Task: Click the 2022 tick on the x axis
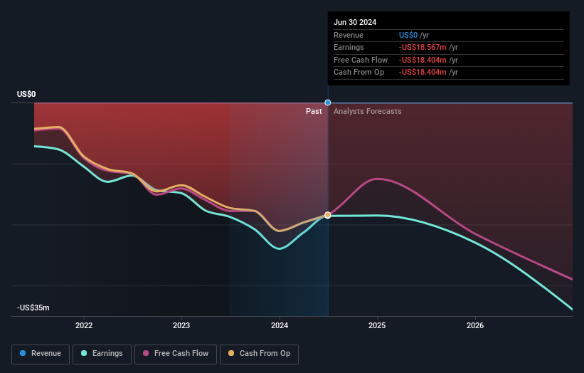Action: [x=84, y=325]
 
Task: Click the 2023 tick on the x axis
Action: [x=181, y=325]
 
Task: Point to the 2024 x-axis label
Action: [x=280, y=325]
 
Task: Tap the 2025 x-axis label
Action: [x=377, y=325]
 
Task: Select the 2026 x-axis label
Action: [x=475, y=325]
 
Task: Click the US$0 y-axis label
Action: [x=26, y=94]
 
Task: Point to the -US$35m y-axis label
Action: [x=33, y=308]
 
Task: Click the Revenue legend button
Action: [x=41, y=353]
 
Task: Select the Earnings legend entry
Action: [x=102, y=353]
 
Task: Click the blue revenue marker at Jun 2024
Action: [x=328, y=103]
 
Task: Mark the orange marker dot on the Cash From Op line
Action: [x=328, y=214]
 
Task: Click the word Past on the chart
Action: [x=314, y=111]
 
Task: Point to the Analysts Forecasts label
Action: [x=367, y=111]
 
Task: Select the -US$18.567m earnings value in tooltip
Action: [x=423, y=47]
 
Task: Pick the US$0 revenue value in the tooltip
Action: [x=408, y=35]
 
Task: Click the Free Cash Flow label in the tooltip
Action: [x=360, y=60]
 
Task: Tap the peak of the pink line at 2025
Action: [x=377, y=179]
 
